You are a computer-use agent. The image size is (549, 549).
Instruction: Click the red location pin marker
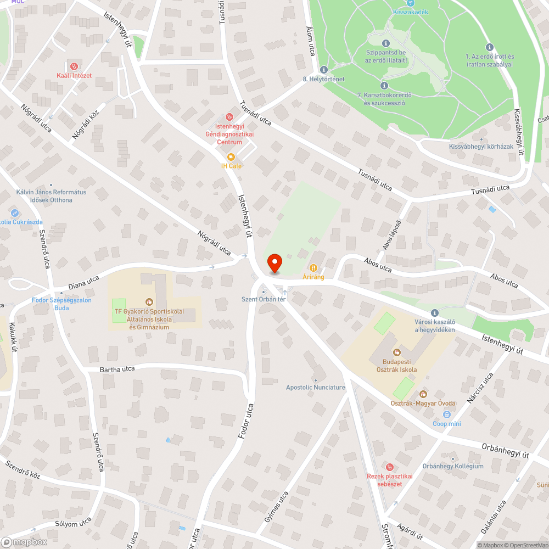(x=274, y=263)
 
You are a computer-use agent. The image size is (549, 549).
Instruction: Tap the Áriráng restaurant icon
(x=313, y=268)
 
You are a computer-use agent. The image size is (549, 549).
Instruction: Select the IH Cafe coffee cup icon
(x=231, y=156)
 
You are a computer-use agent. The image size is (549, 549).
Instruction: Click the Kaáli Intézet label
(x=74, y=75)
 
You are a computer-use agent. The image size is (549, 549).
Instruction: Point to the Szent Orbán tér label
(x=264, y=299)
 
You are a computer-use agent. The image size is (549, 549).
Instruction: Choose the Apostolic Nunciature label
(x=316, y=387)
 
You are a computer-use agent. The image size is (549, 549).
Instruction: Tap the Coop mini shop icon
(x=447, y=414)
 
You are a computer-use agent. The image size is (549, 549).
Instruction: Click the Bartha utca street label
(x=117, y=369)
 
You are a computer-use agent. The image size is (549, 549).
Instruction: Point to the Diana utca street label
(x=83, y=282)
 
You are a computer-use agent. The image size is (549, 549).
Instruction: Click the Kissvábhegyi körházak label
(x=481, y=147)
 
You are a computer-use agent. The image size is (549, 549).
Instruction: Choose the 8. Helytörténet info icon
(x=323, y=70)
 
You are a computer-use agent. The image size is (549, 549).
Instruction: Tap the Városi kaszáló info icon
(x=435, y=312)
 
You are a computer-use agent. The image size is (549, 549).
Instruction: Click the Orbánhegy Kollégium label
(x=453, y=466)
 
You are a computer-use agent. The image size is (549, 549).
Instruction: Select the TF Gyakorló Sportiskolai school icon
(x=148, y=301)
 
